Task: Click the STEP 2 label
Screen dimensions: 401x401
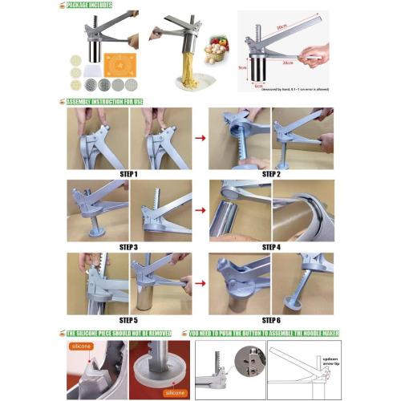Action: coord(271,173)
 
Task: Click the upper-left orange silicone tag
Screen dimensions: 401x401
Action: coord(81,346)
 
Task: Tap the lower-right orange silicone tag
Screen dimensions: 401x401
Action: coord(172,393)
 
